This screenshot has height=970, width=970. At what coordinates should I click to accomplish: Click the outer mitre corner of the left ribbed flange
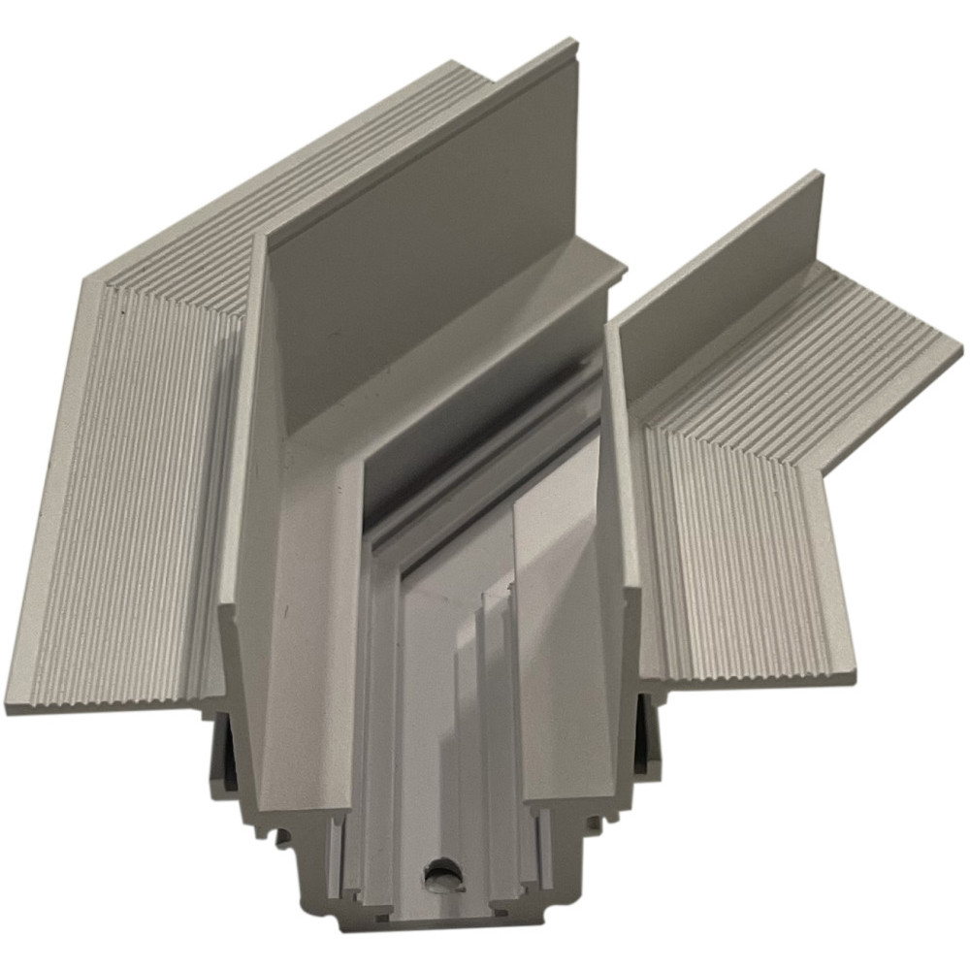[x=85, y=281]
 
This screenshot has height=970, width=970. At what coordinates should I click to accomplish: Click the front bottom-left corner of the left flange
[x=8, y=711]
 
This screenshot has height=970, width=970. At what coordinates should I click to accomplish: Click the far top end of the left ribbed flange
[x=456, y=66]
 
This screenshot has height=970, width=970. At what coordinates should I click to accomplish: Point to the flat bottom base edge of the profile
[x=446, y=926]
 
